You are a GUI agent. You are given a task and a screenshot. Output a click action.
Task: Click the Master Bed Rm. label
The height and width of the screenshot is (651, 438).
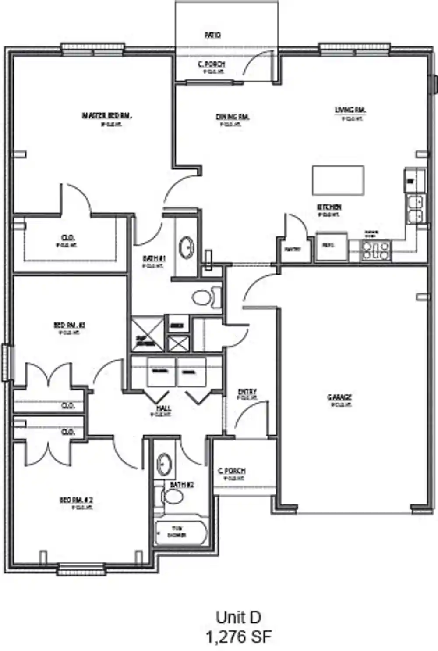(x=107, y=116)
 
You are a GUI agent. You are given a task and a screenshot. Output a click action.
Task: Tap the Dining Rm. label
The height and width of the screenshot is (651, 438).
(x=233, y=117)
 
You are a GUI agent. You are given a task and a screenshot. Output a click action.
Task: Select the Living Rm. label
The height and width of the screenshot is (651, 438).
(x=350, y=110)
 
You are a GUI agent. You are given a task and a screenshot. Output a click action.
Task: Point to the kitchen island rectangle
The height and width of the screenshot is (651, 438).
(x=338, y=180)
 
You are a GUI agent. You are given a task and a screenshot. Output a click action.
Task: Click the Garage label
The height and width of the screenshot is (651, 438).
(x=340, y=397)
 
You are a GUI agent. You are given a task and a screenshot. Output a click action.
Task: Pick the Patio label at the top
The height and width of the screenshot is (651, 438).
(x=213, y=35)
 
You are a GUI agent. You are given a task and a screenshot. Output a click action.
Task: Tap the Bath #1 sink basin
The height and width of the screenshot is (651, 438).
(x=187, y=247)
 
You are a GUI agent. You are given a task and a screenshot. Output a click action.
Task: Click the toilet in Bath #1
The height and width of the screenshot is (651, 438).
(x=206, y=297)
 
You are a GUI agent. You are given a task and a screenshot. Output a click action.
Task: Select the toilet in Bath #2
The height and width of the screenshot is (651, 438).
(x=172, y=497)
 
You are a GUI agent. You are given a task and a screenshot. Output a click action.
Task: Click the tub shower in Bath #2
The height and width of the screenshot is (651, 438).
(x=180, y=532)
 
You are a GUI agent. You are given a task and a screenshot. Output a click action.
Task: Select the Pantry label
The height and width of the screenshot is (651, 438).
(x=292, y=250)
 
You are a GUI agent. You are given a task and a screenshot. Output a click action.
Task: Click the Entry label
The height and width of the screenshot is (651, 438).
(x=247, y=392)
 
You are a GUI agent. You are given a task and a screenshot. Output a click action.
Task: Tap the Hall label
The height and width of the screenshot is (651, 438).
(x=164, y=409)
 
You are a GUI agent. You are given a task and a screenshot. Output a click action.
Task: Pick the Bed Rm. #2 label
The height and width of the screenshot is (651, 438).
(x=77, y=500)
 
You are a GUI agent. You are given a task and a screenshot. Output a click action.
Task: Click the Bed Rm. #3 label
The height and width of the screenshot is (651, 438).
(x=69, y=325)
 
